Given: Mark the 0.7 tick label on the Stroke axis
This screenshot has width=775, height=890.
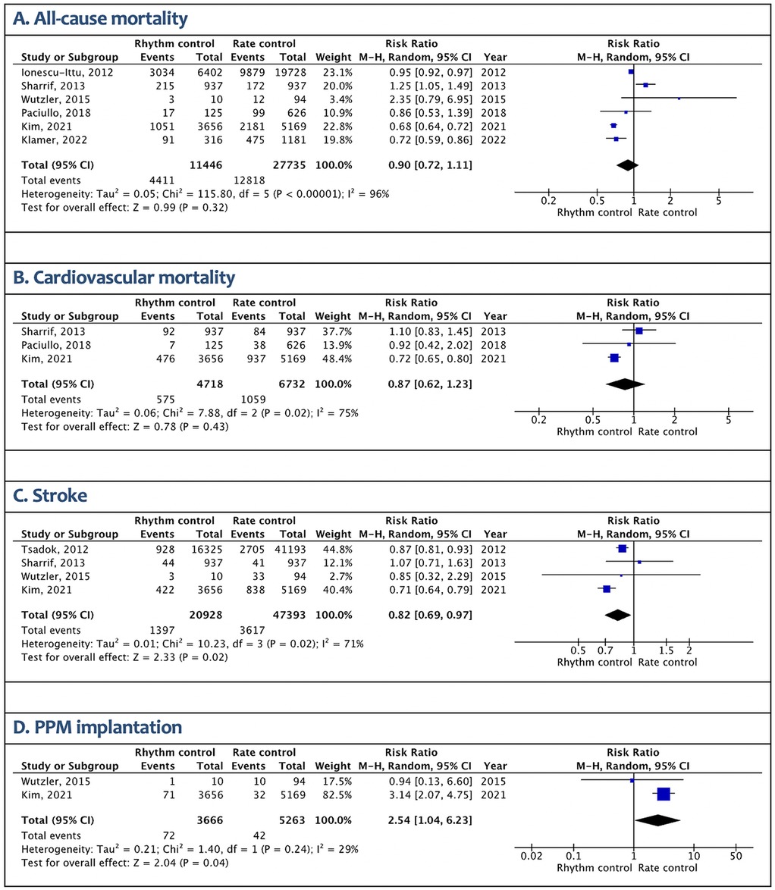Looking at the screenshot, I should pos(605,650).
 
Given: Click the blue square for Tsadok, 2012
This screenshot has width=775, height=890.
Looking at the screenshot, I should pos(623,548).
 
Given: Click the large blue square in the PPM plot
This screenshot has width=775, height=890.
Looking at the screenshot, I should pos(664,794).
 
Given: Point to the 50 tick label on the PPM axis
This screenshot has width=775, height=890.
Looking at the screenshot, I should pos(734,856).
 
